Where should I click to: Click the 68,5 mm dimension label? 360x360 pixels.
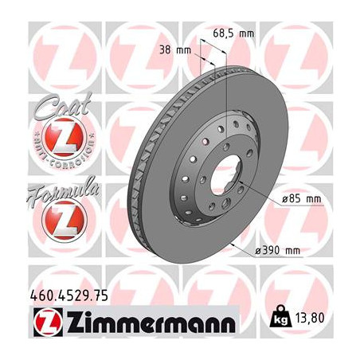click(233, 33)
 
